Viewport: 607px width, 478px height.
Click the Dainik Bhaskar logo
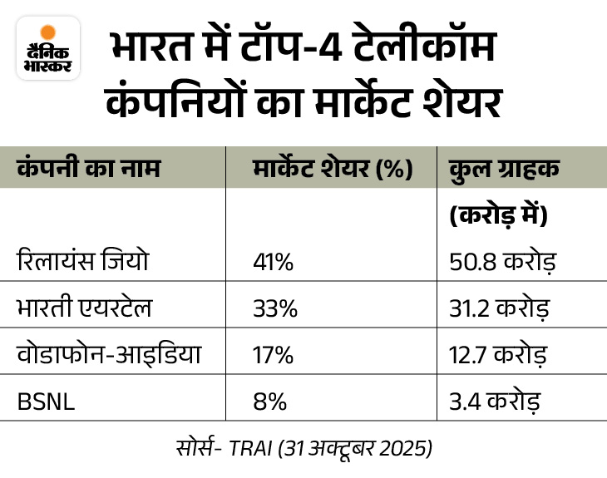[48, 50]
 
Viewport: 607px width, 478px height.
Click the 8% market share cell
[269, 403]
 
